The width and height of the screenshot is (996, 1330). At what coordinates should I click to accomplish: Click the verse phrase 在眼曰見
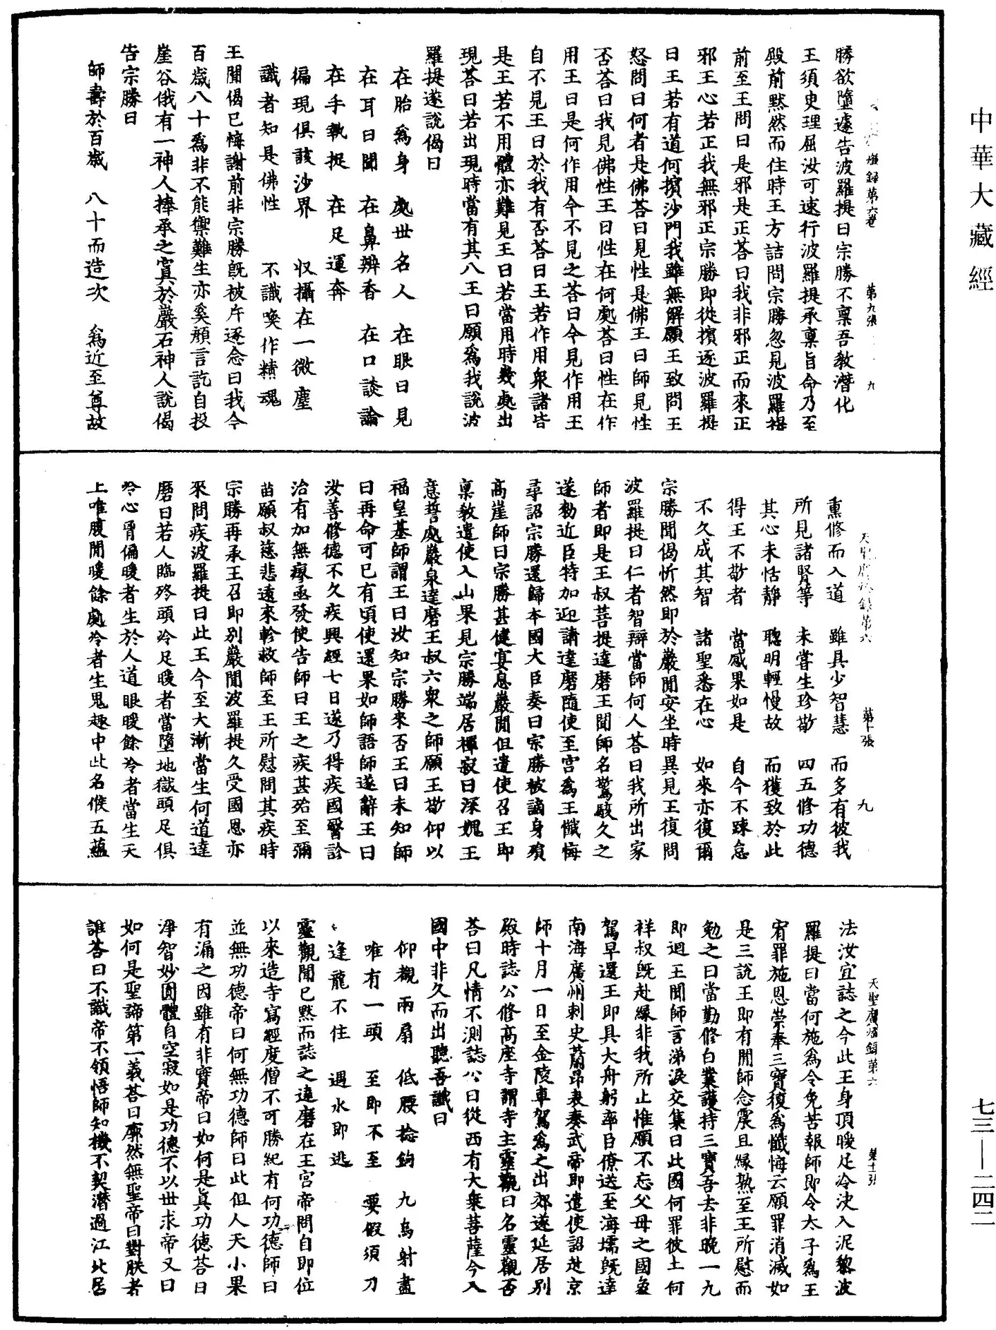[x=400, y=376]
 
